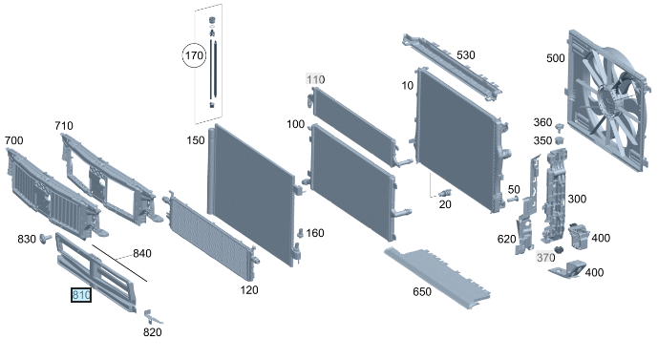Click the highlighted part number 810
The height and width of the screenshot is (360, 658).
(x=81, y=295)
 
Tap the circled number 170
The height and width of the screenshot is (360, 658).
(x=194, y=55)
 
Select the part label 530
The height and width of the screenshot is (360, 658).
(x=466, y=55)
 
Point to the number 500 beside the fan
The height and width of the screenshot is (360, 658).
(x=556, y=58)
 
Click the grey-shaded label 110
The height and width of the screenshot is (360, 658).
(x=315, y=79)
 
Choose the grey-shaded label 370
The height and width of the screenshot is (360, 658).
(x=545, y=257)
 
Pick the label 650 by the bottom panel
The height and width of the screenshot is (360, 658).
(x=422, y=291)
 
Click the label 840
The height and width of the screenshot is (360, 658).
(x=142, y=253)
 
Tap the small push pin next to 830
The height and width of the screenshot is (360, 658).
(x=45, y=239)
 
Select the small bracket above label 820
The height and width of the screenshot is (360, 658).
(x=152, y=316)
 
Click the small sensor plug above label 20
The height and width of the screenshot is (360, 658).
(x=445, y=194)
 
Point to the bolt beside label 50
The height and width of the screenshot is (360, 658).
(x=513, y=199)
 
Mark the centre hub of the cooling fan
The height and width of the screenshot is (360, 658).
(x=605, y=100)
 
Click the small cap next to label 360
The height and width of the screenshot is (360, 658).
(x=559, y=127)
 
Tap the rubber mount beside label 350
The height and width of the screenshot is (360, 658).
(x=559, y=140)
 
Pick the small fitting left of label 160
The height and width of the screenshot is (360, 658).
(x=300, y=233)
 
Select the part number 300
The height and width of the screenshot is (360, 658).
(x=577, y=199)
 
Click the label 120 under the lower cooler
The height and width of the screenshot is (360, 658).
(x=249, y=290)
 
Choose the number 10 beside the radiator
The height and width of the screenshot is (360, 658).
(x=408, y=86)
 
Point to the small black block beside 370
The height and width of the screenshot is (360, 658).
(x=559, y=250)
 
